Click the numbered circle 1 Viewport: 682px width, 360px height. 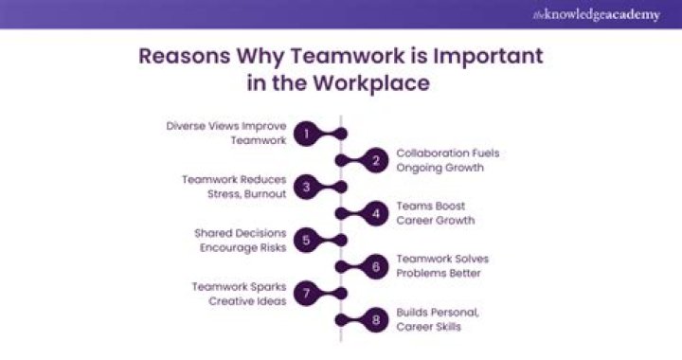coord(306,134)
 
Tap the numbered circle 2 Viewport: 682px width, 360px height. coord(376,160)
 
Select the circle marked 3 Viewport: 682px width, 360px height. coord(306,187)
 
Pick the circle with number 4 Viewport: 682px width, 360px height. coord(376,213)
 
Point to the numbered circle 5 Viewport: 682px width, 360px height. coord(306,240)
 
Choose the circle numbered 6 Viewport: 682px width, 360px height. coord(376,266)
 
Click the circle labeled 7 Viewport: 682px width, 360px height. coord(306,294)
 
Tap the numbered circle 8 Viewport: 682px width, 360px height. coord(376,320)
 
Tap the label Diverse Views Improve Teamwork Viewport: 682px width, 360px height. coord(227,134)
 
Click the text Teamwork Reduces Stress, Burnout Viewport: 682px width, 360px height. coord(233,187)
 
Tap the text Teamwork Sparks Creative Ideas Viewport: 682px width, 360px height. coord(238,294)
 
